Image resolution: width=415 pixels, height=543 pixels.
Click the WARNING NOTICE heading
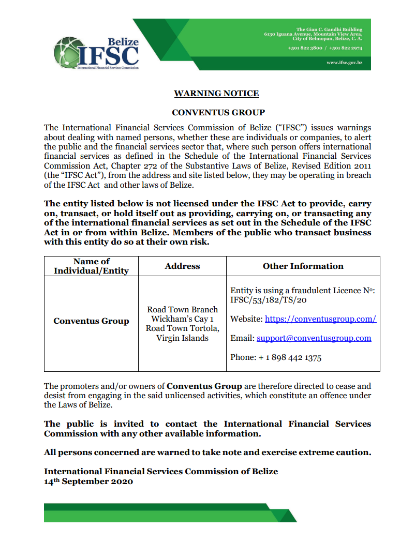coord(216,94)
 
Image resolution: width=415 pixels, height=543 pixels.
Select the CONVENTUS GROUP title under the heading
coord(218,112)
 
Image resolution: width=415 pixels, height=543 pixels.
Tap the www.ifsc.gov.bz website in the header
coord(344,63)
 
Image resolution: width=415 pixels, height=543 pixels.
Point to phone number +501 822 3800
coord(305,48)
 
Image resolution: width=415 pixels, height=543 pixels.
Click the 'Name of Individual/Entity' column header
coord(91,266)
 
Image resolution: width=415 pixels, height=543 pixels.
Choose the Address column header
coord(182,266)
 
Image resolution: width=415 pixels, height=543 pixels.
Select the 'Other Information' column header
coord(303,266)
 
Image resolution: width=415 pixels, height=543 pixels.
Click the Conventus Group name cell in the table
coord(91,321)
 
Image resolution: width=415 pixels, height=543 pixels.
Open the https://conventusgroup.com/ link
coord(320,319)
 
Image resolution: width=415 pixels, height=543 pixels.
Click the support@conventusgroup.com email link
coord(314,338)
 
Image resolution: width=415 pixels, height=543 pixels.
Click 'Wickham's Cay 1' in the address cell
coord(182,319)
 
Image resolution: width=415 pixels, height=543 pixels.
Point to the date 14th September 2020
coord(88,481)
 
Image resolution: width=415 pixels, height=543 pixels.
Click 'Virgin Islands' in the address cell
coord(182,338)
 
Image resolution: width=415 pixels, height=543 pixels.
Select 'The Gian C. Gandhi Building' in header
coord(329,29)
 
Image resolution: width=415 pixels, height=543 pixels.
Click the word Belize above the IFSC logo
coord(123,41)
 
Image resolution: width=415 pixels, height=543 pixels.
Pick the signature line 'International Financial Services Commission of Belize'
coord(161,471)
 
